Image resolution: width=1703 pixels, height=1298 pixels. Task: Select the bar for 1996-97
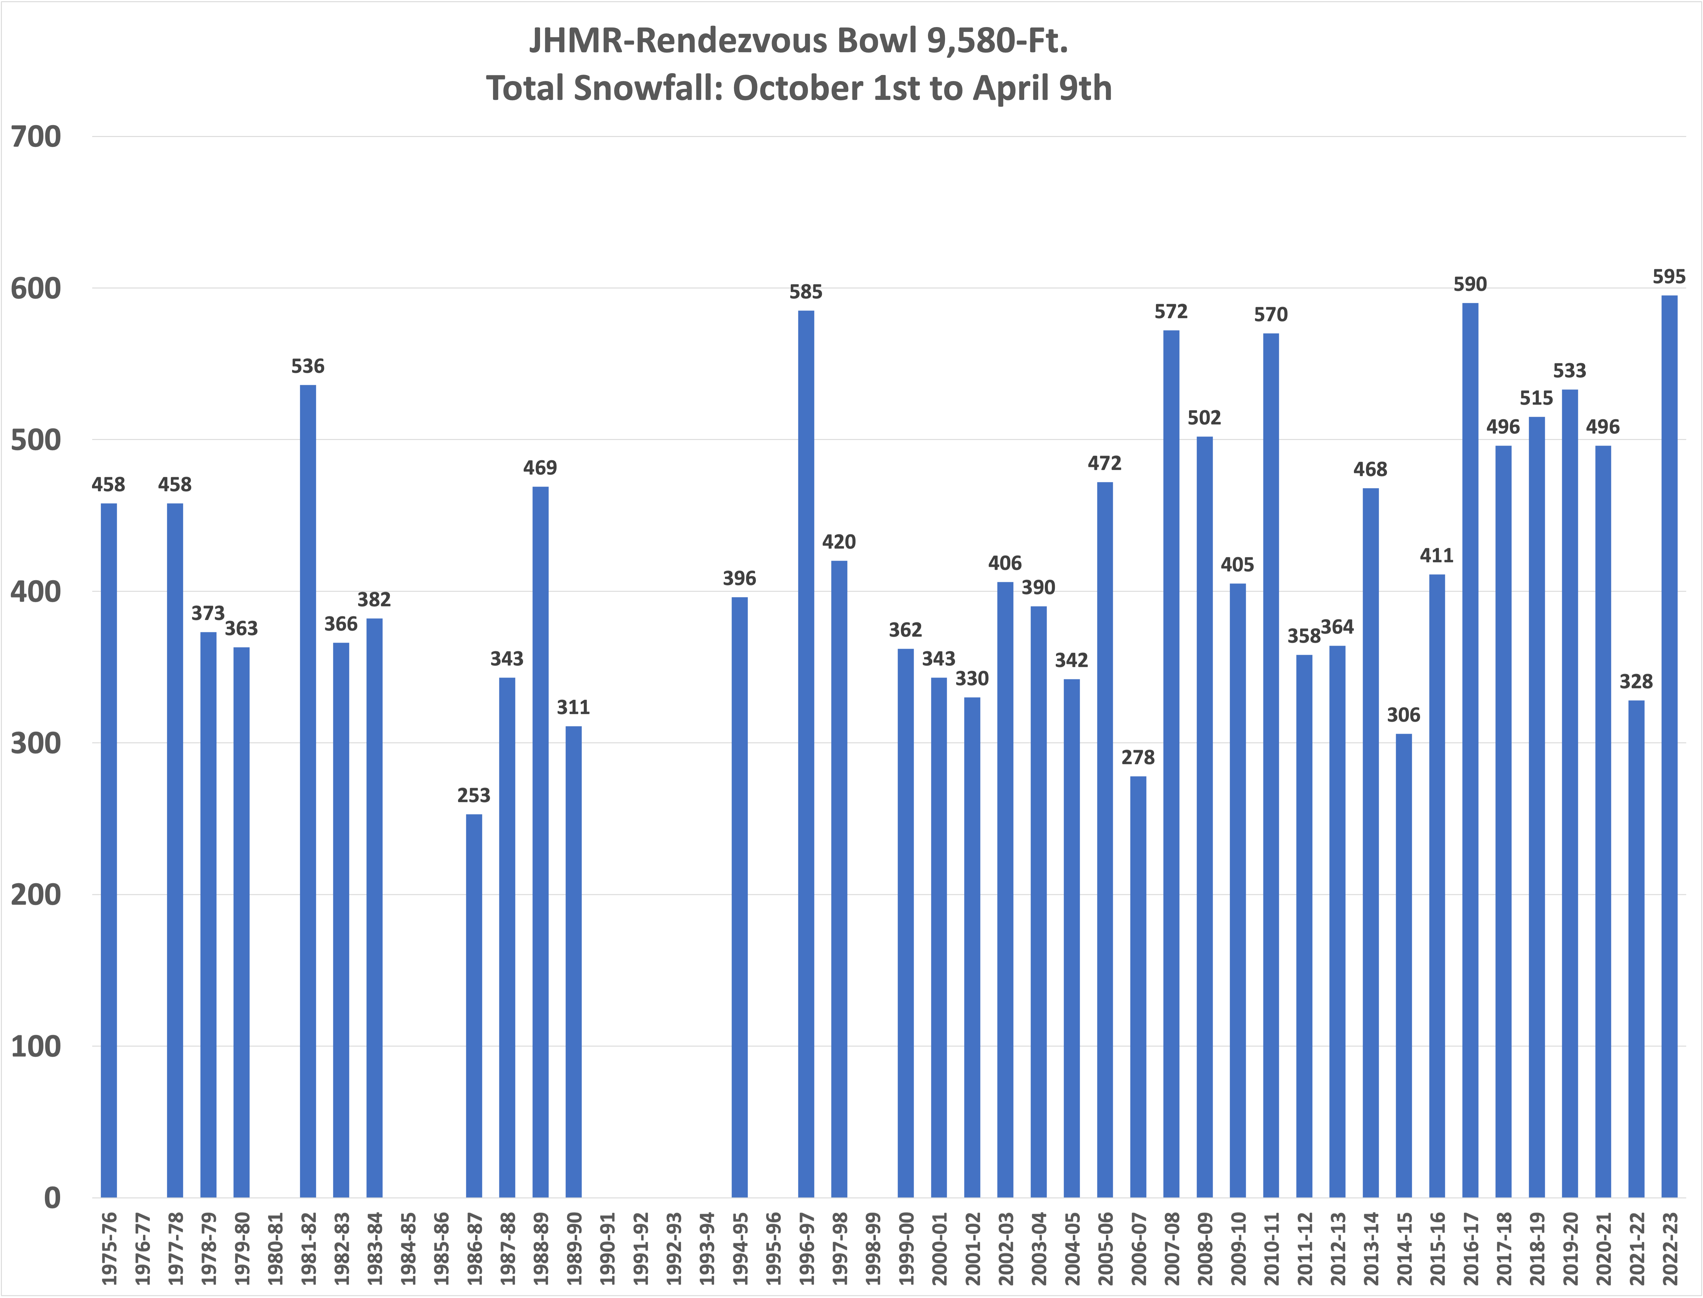(806, 754)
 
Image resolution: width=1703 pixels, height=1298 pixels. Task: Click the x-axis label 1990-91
(607, 1248)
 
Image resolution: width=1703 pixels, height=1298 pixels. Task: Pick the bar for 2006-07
(1138, 987)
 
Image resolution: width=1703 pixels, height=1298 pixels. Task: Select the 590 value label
(1470, 284)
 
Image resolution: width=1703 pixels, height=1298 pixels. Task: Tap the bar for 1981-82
(308, 791)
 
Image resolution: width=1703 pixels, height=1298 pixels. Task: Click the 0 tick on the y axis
(52, 1198)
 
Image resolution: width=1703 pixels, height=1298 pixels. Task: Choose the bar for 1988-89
(540, 842)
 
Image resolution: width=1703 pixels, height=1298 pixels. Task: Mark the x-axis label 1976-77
(142, 1248)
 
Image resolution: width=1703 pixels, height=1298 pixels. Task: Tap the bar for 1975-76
(109, 851)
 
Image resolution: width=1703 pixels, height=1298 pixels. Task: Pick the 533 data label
(1569, 371)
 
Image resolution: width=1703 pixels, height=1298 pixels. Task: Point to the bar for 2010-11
(1271, 766)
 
